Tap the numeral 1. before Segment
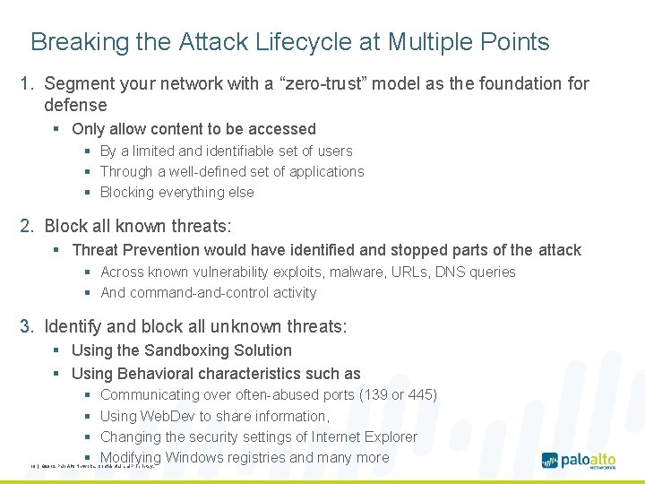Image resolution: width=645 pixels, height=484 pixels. point(28,84)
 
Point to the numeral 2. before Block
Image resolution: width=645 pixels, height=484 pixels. point(28,226)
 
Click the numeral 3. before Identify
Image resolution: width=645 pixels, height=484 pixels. point(28,326)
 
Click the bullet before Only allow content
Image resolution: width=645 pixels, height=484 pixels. point(57,130)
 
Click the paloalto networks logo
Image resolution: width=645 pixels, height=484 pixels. point(579,461)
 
